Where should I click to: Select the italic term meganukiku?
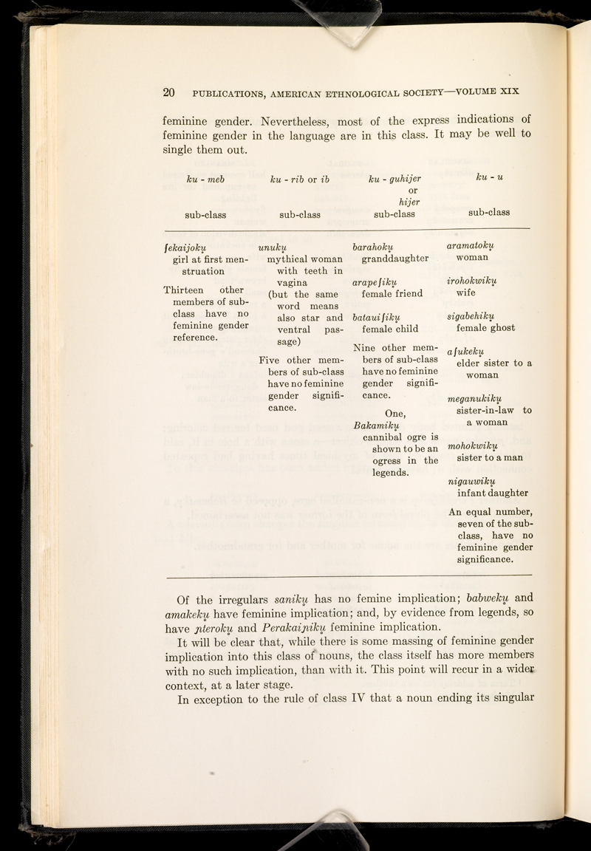pos(479,400)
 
